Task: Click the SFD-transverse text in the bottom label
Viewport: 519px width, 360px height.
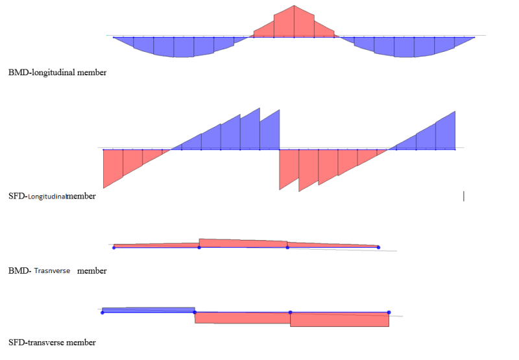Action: click(52, 342)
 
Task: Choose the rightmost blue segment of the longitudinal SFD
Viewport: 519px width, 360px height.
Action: click(446, 133)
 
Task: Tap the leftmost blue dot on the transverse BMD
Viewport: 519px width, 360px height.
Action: click(114, 247)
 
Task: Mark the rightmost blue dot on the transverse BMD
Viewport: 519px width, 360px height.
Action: click(378, 247)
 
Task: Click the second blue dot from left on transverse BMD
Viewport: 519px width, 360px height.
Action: click(199, 247)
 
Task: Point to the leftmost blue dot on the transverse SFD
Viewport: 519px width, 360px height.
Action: click(103, 313)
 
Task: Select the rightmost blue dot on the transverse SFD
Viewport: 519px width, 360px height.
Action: click(389, 313)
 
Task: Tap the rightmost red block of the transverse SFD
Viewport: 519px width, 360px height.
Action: click(339, 320)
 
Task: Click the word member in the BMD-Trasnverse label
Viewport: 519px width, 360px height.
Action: click(91, 270)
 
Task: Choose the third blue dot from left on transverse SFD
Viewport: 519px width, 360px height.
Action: click(290, 313)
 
